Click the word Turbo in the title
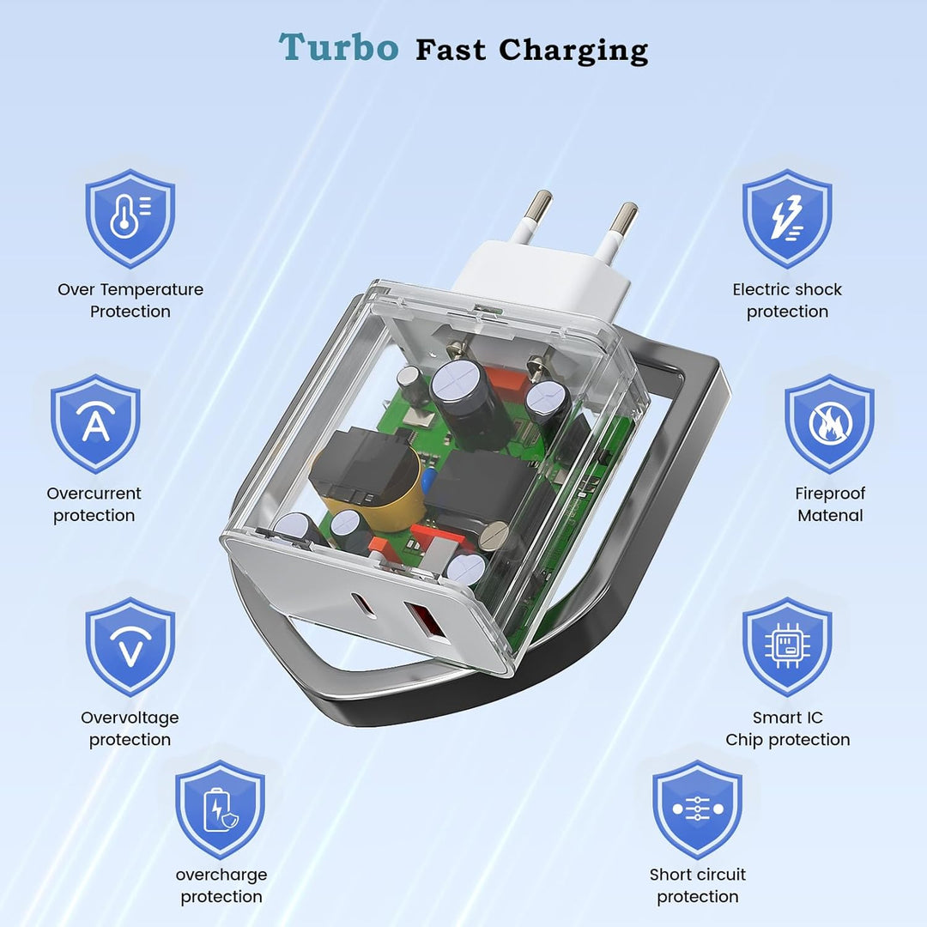coord(339,47)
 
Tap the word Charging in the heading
coord(573,51)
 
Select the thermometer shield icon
coord(130,218)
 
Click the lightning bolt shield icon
coord(787,218)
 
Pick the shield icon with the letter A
coord(95,423)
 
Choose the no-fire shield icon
coord(829,423)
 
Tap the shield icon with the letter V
coord(130,647)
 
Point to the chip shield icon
coord(787,647)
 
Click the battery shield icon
coord(220,809)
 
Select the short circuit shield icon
coord(698,809)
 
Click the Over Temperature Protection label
coord(130,300)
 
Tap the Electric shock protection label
coord(787,300)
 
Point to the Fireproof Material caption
coord(829,505)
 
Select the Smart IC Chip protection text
coord(787,729)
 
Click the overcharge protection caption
coord(221,886)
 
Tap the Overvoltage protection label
coord(130,729)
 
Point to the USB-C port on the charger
coord(363,604)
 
